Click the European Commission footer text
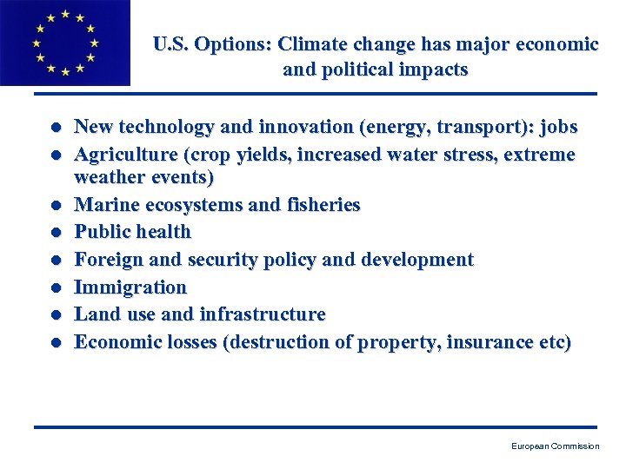tap(555, 446)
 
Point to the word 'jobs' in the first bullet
tap(558, 128)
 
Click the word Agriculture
tap(123, 155)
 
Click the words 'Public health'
tap(132, 232)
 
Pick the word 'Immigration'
tap(130, 287)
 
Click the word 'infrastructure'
tap(263, 314)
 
